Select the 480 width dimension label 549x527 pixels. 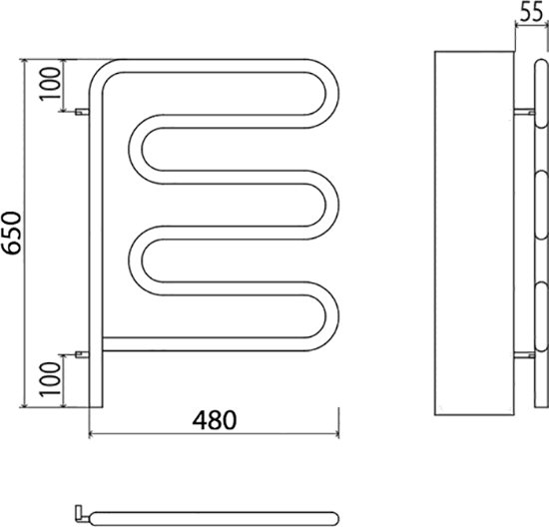pos(215,420)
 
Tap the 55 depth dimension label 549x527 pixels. pos(531,13)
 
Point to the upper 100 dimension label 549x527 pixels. pos(50,84)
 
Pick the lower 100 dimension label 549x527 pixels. pos(50,379)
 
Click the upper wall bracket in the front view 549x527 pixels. pos(82,112)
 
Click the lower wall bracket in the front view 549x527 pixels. pos(82,354)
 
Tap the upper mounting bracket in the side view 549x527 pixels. pos(524,112)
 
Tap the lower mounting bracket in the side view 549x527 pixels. pos(524,355)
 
